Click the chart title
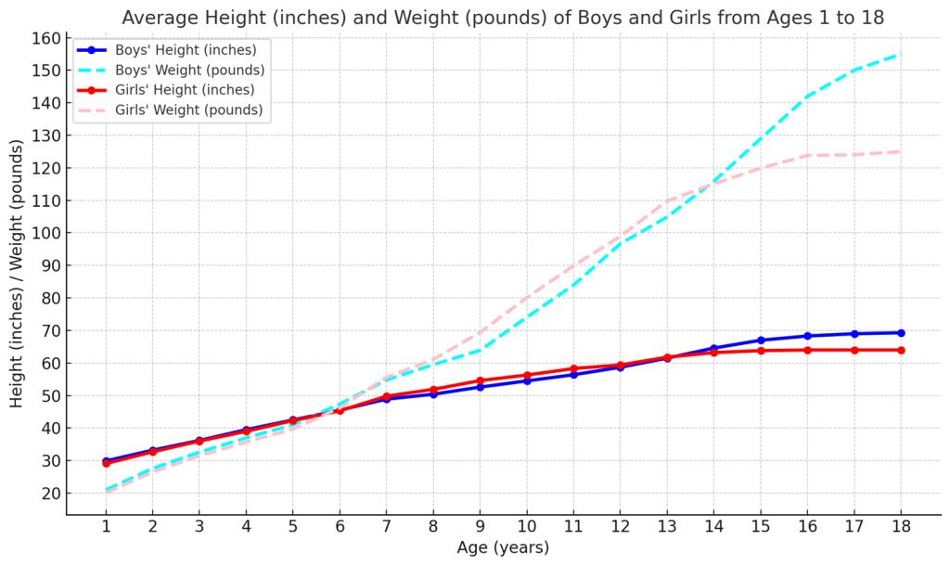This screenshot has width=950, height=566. point(502,18)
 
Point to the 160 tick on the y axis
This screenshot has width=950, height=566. point(46,38)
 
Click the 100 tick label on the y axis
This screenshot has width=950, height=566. point(46,233)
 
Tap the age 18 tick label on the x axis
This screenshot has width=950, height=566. point(899,527)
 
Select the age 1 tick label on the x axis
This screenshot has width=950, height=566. point(106,527)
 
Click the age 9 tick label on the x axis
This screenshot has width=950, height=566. point(480,527)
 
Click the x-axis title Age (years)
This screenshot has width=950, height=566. point(503,547)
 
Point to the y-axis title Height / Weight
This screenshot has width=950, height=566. point(18,274)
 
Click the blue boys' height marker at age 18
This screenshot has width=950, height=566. point(900,333)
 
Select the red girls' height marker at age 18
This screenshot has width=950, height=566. point(900,350)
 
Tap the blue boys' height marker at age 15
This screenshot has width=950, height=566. point(760,341)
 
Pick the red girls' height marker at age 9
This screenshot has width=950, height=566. point(480,380)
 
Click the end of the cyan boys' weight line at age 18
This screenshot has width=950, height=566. point(899,54)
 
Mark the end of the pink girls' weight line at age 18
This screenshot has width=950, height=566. point(899,151)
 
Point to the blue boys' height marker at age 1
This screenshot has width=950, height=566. point(106,461)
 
